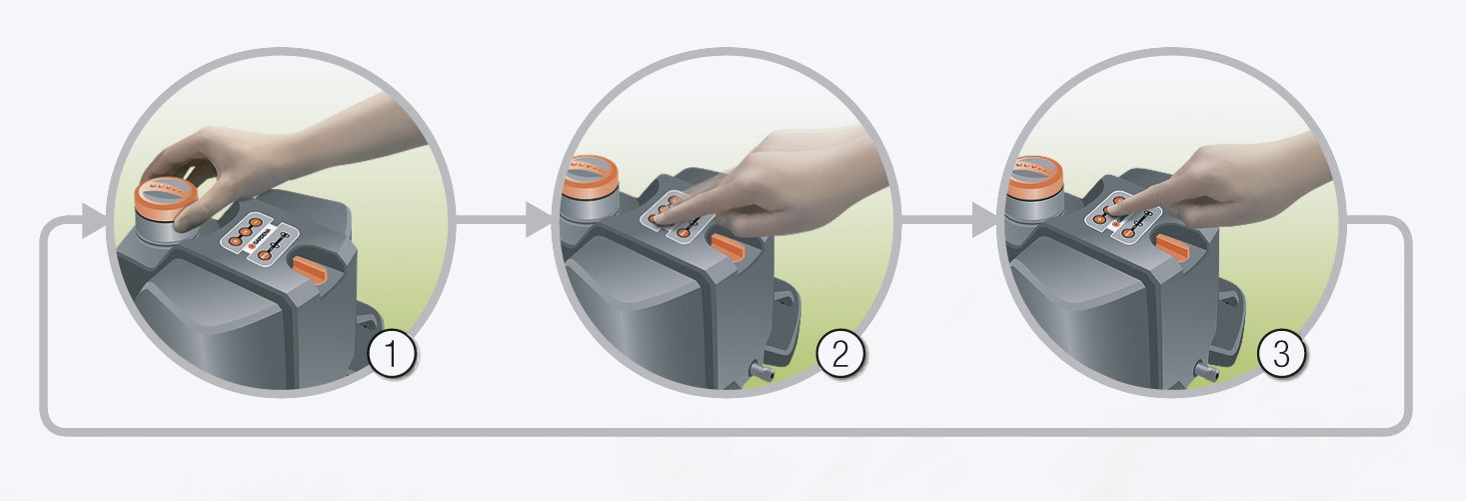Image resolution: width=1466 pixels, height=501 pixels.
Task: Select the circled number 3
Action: click(x=1281, y=354)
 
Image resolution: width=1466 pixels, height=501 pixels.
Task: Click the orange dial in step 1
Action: click(x=167, y=195)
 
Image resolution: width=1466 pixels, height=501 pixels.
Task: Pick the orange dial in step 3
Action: click(x=1033, y=174)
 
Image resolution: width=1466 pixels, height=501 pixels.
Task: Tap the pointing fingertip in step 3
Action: click(x=1110, y=212)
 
